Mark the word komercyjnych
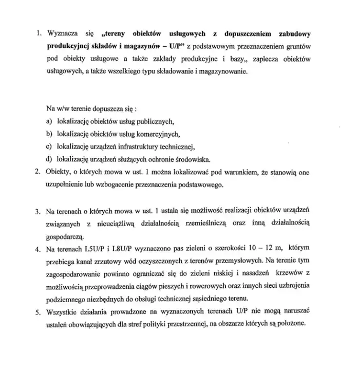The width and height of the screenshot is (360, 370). pyautogui.click(x=158, y=135)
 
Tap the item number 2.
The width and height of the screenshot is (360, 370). pyautogui.click(x=37, y=171)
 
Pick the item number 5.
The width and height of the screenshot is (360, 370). pyautogui.click(x=37, y=311)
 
